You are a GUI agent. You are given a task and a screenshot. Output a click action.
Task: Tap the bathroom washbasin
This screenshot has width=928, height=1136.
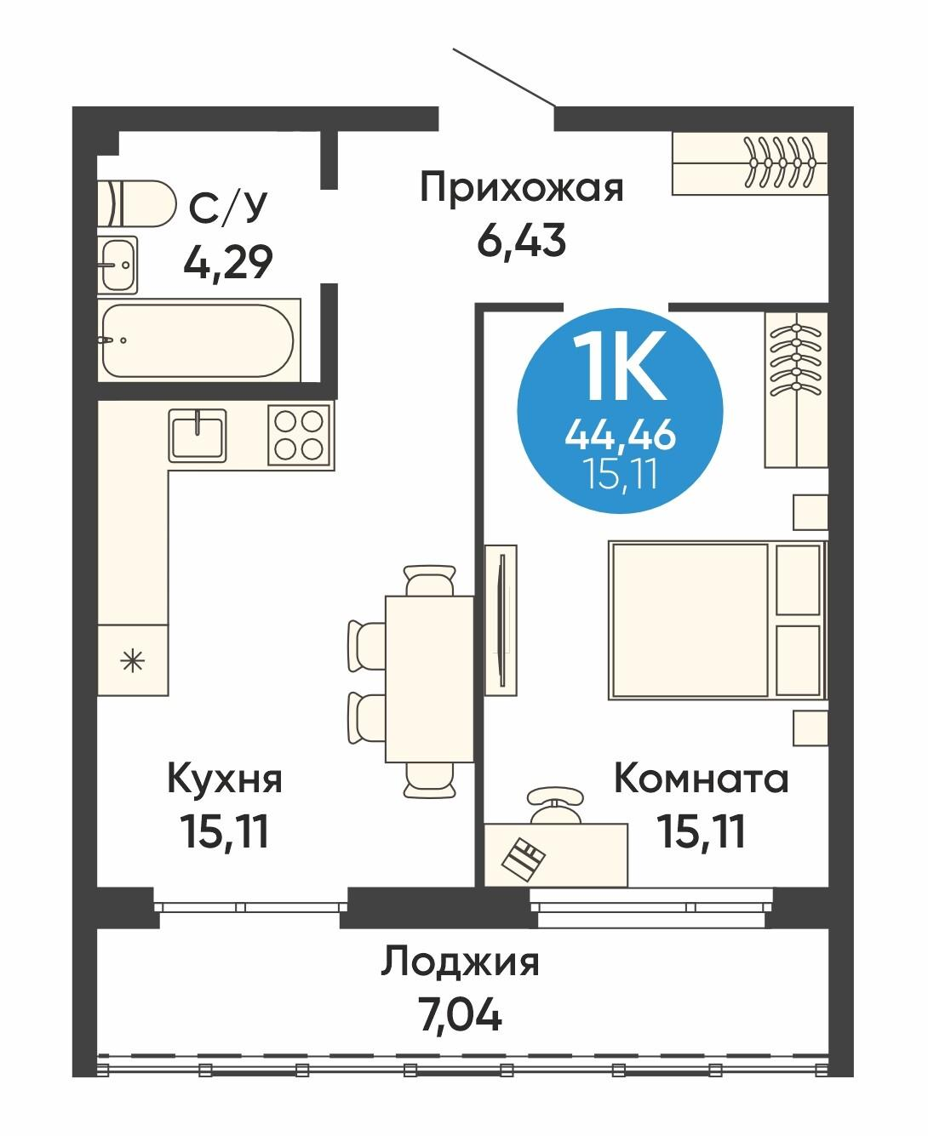[116, 264]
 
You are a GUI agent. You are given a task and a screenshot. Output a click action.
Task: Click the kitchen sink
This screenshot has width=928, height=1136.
[198, 434]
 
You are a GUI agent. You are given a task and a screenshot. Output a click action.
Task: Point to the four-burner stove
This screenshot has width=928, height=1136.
[299, 434]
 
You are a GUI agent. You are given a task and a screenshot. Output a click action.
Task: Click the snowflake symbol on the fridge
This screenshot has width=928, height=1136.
[131, 659]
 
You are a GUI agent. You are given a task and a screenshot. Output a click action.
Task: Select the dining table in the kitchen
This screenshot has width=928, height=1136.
[429, 678]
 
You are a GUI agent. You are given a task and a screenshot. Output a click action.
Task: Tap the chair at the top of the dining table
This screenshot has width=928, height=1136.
[428, 581]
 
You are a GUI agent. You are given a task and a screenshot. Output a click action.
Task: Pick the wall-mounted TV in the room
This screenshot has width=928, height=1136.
[501, 619]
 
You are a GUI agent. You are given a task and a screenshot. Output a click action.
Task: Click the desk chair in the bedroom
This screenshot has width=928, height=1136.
[555, 804]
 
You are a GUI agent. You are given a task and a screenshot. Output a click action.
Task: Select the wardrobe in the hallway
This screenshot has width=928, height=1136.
[749, 163]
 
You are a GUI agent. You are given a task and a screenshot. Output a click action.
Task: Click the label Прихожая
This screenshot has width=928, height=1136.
[522, 187]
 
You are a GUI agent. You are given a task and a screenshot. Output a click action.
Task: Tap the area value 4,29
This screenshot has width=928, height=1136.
[227, 262]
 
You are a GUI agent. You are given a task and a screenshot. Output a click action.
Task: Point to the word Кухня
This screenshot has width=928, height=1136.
[225, 779]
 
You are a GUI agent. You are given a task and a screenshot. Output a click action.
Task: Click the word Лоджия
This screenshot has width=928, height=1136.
[460, 962]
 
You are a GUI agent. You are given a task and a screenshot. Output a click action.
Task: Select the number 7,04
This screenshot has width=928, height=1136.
[461, 1013]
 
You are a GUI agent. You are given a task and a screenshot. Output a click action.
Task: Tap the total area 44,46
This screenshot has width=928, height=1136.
[621, 436]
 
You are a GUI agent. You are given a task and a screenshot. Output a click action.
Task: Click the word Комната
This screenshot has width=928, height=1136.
[702, 779]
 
